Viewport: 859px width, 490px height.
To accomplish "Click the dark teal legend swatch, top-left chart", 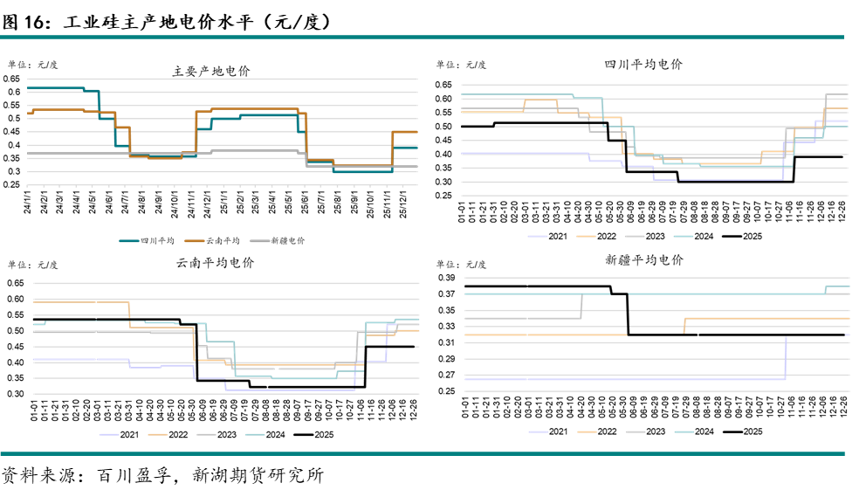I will point(129,240).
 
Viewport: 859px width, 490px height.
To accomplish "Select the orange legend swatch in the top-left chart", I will point(195,240).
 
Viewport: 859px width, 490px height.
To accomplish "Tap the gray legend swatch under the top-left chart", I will point(259,240).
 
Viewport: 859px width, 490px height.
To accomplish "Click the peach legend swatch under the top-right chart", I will point(587,236).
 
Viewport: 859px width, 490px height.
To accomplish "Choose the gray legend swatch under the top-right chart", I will point(635,236).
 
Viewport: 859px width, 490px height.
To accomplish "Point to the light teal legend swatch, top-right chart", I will point(684,236).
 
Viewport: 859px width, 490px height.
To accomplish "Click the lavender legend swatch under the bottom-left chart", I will point(109,434).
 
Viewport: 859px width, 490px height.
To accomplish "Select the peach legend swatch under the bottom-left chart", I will point(158,434).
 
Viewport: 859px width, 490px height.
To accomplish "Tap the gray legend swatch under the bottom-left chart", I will point(206,434).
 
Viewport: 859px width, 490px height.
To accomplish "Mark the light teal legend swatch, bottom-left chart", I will point(255,434).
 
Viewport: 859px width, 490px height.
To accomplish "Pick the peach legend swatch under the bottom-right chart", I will point(588,431).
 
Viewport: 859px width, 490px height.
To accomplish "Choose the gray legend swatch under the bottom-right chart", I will point(636,431).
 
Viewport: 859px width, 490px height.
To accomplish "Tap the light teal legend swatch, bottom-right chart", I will point(684,431).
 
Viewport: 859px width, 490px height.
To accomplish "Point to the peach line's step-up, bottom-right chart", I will point(684,325).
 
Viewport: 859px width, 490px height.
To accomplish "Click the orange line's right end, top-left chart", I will point(417,132).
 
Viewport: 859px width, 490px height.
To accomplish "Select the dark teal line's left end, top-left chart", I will point(29,88).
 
